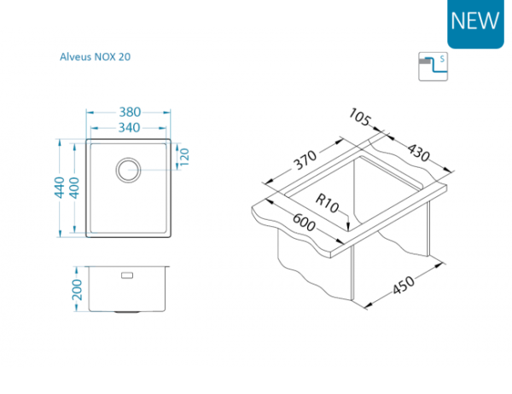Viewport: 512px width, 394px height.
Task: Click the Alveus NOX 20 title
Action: tap(94, 57)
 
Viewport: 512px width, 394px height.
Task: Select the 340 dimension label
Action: tap(130, 129)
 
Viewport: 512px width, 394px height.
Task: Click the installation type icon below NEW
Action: tap(433, 67)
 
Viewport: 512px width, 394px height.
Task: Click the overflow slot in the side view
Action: tap(129, 275)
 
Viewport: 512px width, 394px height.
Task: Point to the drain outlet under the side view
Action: tap(129, 312)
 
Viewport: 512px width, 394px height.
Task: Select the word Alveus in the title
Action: tap(75, 57)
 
